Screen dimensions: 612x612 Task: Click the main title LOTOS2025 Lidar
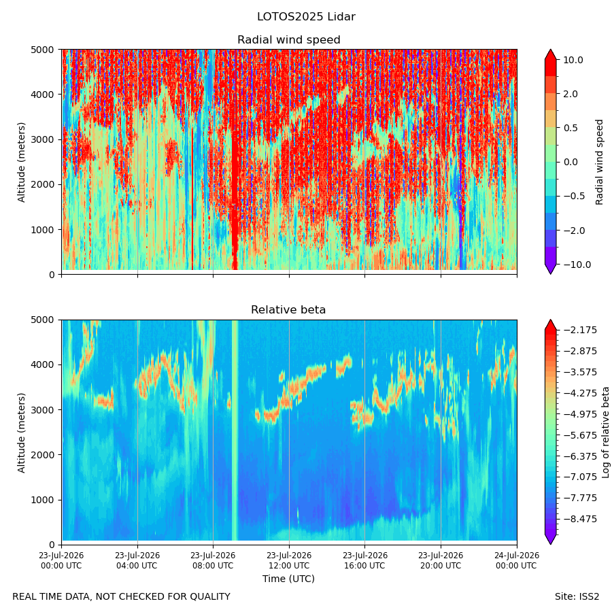[306, 17]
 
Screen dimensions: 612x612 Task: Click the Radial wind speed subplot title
[289, 40]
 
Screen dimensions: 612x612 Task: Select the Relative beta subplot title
[288, 310]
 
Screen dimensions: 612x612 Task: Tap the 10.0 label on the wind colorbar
[573, 60]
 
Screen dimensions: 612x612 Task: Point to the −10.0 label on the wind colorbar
[577, 265]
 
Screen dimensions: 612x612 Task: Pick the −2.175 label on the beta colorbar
[581, 330]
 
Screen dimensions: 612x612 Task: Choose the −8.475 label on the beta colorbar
[581, 519]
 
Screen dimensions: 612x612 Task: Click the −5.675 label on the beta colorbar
[581, 435]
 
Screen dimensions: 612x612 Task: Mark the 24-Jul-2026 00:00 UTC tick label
[517, 560]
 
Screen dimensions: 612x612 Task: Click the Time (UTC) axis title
[288, 579]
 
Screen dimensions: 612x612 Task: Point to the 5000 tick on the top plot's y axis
[42, 50]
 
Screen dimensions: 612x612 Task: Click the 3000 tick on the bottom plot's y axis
[42, 410]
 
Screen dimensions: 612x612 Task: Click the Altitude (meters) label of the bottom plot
[22, 432]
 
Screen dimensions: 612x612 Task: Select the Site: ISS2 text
[577, 597]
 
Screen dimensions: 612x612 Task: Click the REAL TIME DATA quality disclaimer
[122, 597]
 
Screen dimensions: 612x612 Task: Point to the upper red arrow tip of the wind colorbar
[550, 50]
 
